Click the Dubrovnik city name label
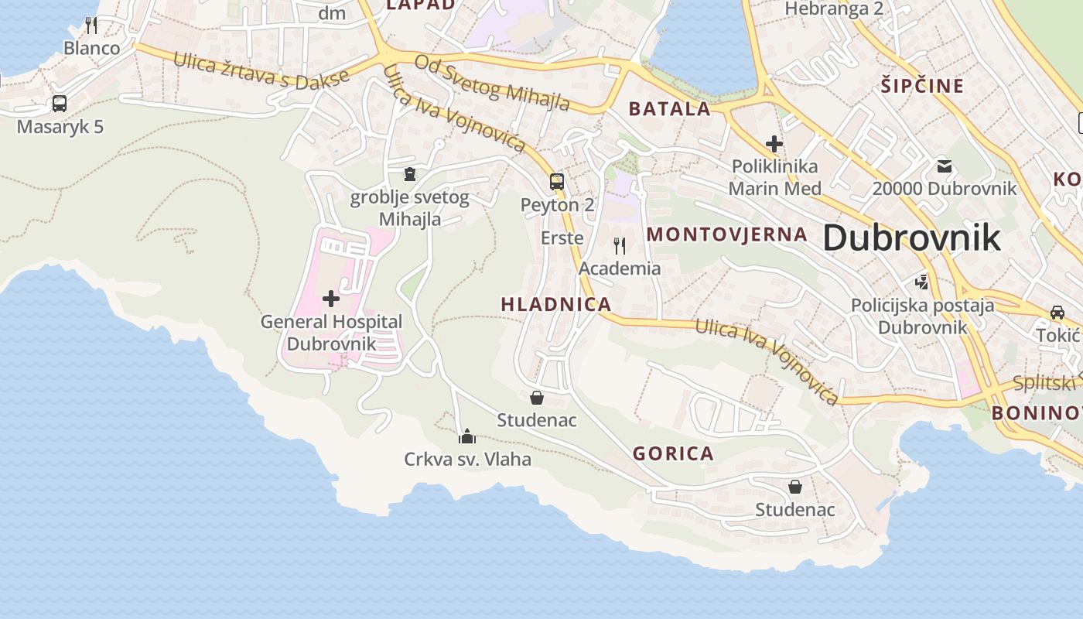911,237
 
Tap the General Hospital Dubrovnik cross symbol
331,298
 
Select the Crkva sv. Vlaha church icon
466,437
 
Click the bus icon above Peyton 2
557,182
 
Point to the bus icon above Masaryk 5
60,103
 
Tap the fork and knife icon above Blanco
91,25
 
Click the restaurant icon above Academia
620,246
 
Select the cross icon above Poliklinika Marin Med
774,143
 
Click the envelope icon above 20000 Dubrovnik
945,165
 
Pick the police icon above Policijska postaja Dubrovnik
921,282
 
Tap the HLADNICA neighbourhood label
556,304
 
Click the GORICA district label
673,453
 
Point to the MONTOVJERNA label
726,234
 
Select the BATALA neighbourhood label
669,108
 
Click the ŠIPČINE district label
923,85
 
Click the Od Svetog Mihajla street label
492,82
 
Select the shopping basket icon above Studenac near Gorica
794,487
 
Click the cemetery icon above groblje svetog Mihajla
409,173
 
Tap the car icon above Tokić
1057,312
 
